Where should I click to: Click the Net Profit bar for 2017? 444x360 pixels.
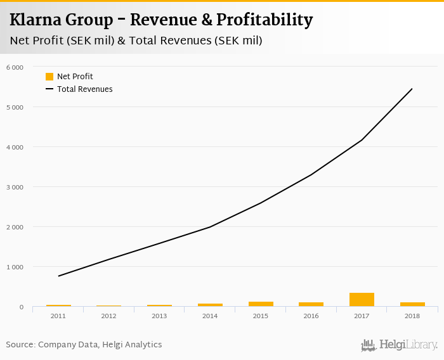click(362, 300)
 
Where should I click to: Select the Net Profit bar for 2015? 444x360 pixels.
click(261, 304)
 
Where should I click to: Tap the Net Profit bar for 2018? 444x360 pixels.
click(412, 305)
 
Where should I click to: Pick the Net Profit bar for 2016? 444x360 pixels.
click(311, 305)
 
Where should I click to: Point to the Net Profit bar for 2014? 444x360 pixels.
click(210, 305)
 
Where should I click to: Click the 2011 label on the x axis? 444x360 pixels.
click(58, 316)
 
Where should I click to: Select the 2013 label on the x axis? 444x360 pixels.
click(159, 316)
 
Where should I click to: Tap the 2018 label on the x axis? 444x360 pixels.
click(412, 316)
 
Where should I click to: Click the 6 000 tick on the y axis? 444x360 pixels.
click(14, 67)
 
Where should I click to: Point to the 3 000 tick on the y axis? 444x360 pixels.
click(14, 187)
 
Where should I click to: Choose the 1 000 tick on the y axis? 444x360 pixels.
click(14, 267)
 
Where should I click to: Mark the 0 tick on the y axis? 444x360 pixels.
click(20, 307)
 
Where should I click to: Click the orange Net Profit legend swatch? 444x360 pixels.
click(49, 77)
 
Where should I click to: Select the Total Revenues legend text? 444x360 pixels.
click(85, 89)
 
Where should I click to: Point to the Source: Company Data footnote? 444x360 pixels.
click(84, 345)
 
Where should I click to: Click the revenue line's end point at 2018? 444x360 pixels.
click(412, 89)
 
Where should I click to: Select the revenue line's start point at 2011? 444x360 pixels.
click(58, 276)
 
